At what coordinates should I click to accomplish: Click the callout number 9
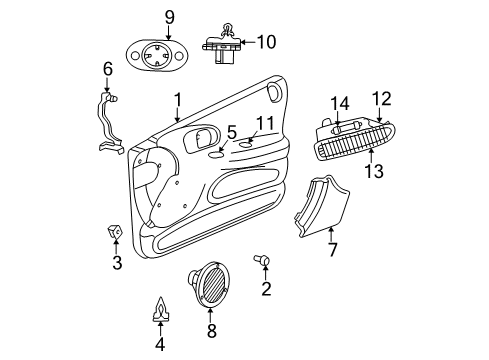click(169, 16)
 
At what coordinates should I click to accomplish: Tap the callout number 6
click(108, 68)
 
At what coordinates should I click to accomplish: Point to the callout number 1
click(177, 100)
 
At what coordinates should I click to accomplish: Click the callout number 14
click(340, 102)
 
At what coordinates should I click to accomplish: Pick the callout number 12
click(381, 98)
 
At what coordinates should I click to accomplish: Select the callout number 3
click(117, 264)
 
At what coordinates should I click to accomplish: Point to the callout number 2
click(266, 290)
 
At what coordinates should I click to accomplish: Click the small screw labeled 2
click(265, 260)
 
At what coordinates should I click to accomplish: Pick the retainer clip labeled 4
click(159, 312)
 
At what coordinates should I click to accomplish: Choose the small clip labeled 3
click(116, 234)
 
